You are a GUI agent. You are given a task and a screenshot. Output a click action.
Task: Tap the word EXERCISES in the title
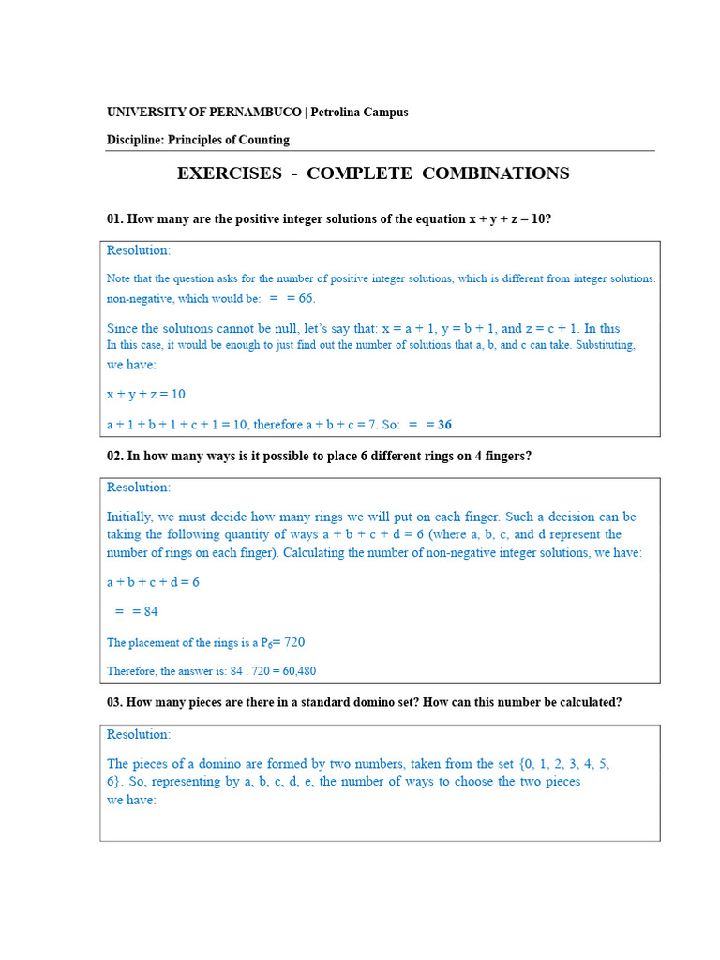[x=230, y=173]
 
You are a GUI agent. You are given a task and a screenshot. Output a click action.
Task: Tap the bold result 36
[x=444, y=425]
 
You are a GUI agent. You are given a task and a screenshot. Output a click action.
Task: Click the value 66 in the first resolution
[x=307, y=298]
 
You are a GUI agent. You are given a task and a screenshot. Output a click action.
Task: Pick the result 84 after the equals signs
[x=150, y=611]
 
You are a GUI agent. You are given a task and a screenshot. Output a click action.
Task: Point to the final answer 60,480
[x=306, y=671]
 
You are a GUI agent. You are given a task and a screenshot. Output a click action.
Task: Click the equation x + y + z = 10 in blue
[x=145, y=394]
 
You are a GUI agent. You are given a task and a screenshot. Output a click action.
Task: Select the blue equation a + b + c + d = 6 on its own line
[x=153, y=582]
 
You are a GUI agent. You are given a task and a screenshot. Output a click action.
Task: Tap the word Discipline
[x=137, y=140]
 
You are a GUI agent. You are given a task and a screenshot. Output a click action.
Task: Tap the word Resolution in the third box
[x=138, y=734]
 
